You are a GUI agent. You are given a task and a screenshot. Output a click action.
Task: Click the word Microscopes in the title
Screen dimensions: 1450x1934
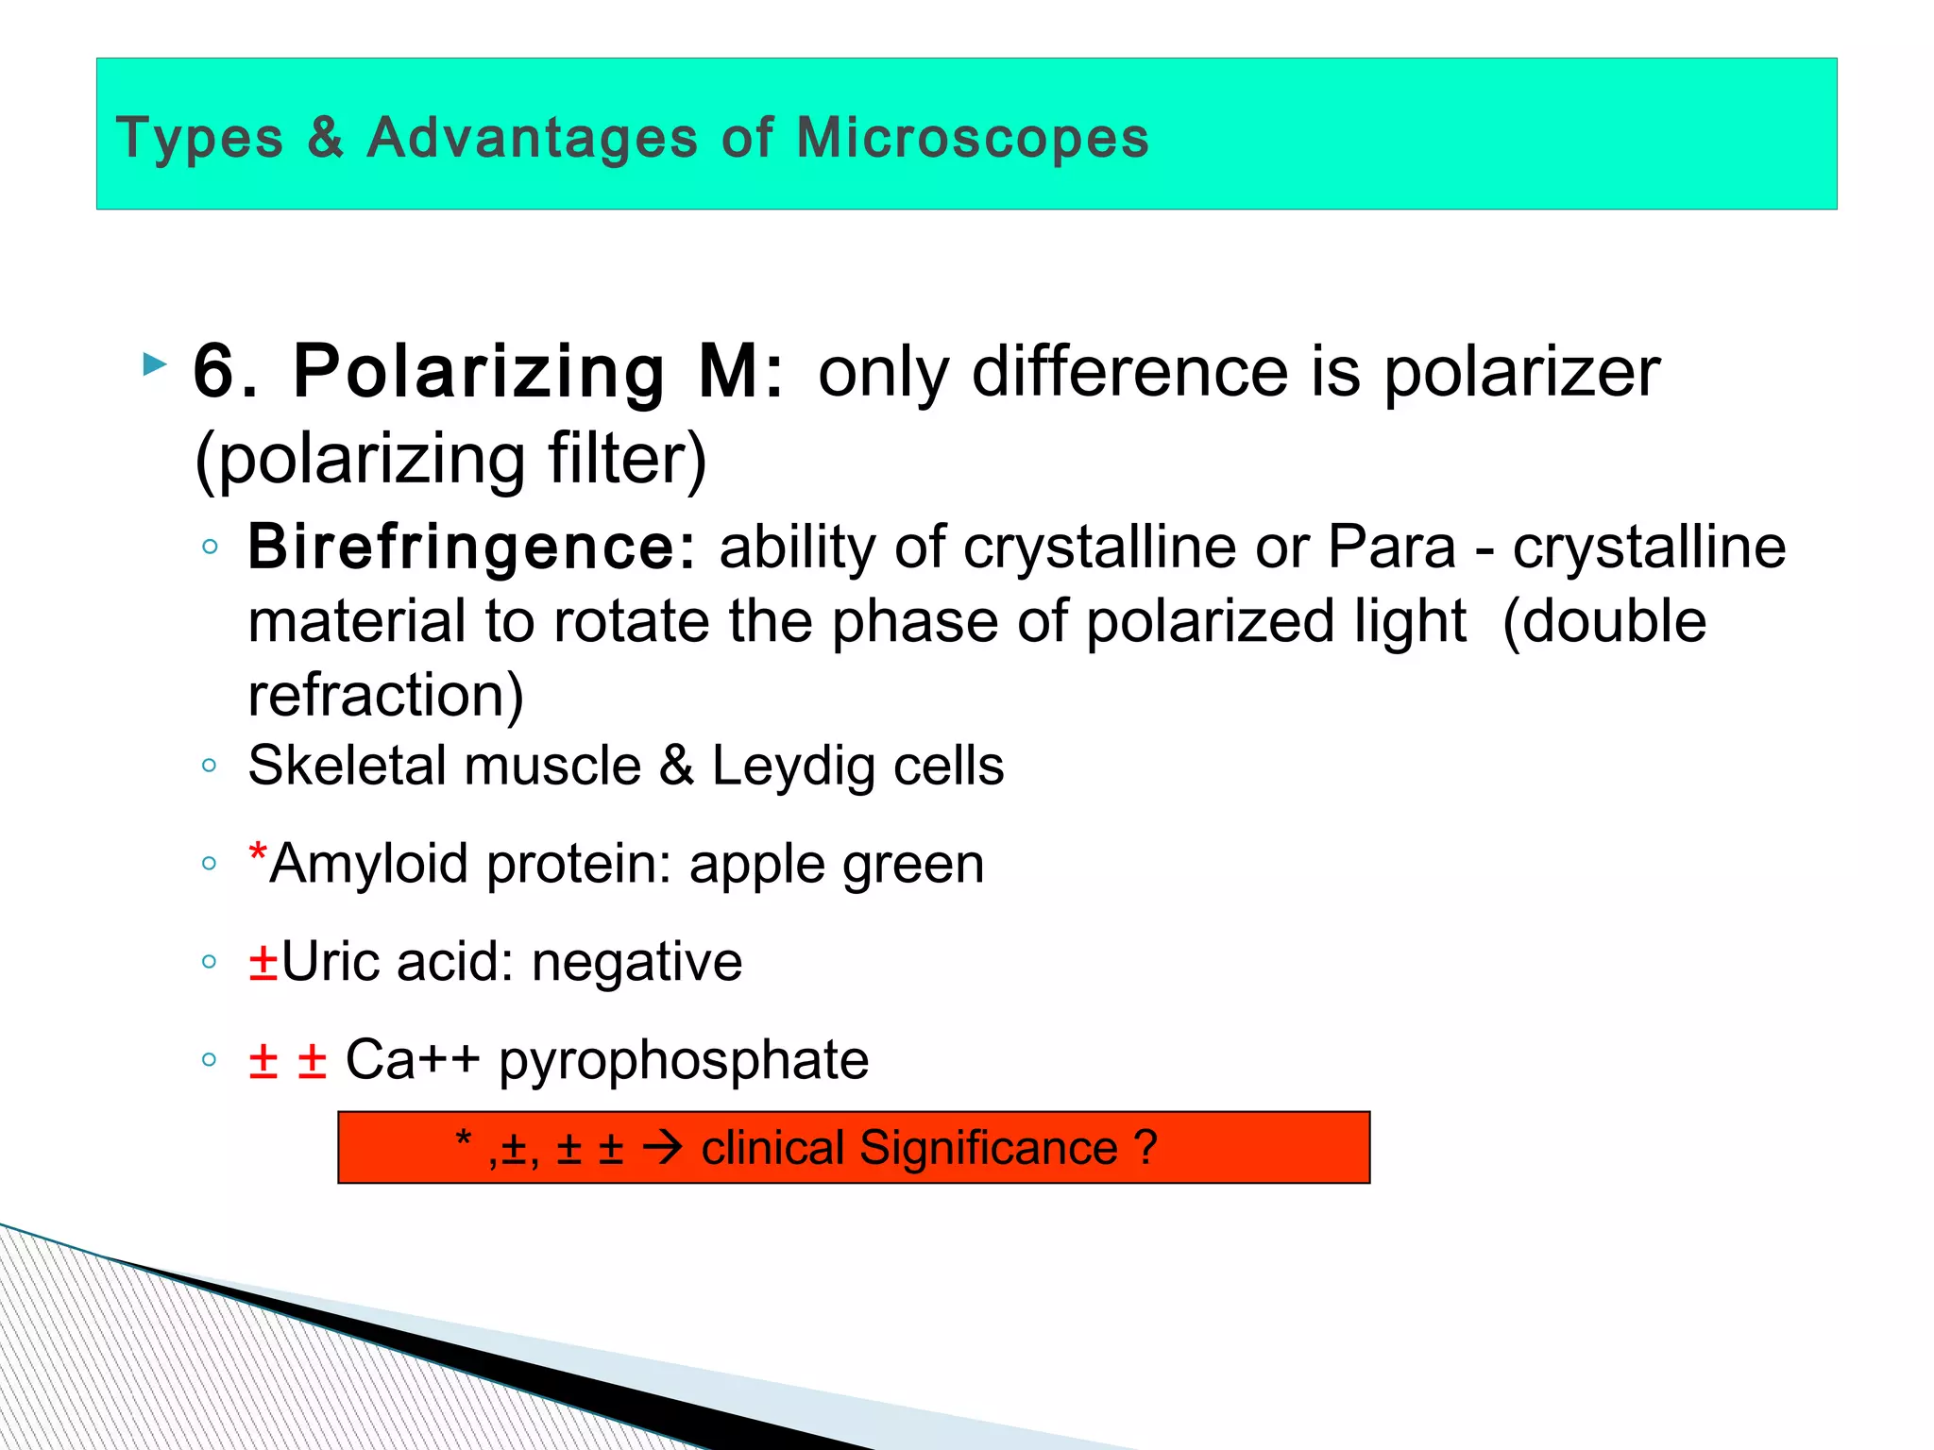(972, 139)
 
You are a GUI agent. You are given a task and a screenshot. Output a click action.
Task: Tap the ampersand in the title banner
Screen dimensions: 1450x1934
(325, 139)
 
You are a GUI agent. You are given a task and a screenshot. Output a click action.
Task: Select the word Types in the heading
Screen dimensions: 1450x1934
(199, 139)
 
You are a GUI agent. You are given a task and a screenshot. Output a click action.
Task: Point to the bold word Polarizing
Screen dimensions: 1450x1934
(479, 372)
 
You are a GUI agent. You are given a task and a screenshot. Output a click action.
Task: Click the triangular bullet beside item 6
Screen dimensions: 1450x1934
(154, 364)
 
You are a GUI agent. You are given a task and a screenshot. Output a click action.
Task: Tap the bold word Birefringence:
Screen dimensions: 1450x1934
(471, 548)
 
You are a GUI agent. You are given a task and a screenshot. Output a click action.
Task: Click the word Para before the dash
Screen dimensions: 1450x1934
(1391, 548)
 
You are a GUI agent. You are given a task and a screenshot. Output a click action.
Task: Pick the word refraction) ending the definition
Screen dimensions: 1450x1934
(385, 696)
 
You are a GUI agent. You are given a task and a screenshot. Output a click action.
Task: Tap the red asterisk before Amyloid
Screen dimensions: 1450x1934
(257, 853)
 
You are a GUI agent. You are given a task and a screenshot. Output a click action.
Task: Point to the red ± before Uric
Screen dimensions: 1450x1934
(263, 963)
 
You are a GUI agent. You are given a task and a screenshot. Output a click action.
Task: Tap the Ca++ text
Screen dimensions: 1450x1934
(412, 1059)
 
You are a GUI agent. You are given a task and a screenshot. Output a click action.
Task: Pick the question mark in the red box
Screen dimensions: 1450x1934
(1145, 1148)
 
